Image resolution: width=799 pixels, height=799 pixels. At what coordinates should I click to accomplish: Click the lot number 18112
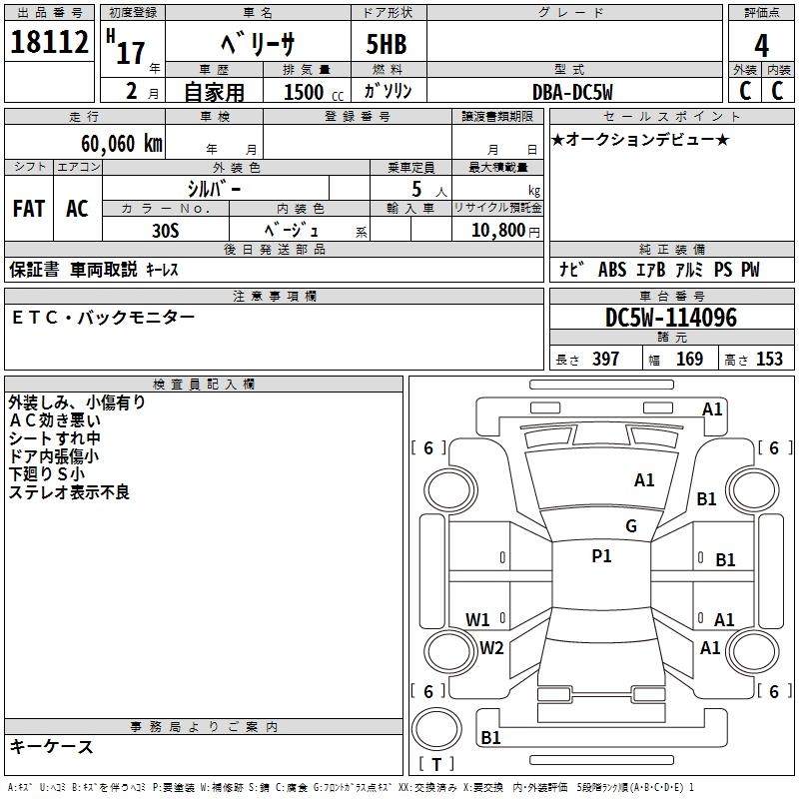point(51,43)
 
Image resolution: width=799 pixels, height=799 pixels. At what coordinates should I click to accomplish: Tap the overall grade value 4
point(761,46)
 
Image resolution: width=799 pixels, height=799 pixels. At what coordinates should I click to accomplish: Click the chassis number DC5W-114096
point(671,319)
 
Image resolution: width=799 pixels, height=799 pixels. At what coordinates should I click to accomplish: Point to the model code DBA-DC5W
point(572,92)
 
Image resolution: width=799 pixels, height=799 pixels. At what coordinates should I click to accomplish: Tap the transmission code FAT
point(28,209)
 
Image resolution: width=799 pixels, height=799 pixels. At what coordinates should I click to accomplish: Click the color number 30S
point(165,229)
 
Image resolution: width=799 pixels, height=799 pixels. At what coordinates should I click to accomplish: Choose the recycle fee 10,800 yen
point(496,229)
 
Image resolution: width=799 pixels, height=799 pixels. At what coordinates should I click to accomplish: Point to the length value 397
point(605,360)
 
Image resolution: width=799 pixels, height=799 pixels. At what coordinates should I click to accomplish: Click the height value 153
point(769,360)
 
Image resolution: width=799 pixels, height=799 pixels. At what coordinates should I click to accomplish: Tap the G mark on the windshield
point(630,526)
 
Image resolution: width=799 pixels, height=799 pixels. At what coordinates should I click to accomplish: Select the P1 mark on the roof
point(601,556)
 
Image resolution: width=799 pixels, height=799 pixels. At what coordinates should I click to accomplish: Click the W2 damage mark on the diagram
point(491,647)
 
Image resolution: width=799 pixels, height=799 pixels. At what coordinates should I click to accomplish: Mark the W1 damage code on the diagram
point(478,619)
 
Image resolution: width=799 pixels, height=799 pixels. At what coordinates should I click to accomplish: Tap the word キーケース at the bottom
point(52,747)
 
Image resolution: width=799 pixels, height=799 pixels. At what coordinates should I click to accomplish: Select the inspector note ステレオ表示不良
point(69,492)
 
